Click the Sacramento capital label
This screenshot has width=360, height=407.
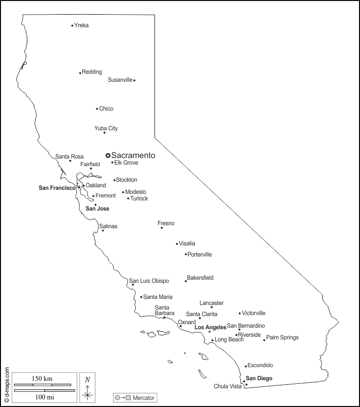coord(133,156)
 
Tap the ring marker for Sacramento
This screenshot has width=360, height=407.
coord(108,156)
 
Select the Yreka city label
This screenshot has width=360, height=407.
coord(81,25)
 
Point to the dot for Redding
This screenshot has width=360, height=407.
coord(80,73)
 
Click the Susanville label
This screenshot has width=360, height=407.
coord(120,80)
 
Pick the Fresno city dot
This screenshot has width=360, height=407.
coord(162,228)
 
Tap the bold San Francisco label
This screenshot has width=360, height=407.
coord(57,188)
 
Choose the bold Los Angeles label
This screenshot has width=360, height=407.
coord(211,328)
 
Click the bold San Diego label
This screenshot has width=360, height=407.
coord(259,378)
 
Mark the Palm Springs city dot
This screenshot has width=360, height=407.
coord(264,340)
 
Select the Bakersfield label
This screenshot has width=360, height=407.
coord(200,278)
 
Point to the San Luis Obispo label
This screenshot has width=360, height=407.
coord(149,281)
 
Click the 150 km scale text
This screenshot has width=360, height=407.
coord(42,379)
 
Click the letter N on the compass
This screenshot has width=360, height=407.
coord(87,380)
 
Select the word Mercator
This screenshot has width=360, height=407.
coord(144,398)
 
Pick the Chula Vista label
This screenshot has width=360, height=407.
coord(228,387)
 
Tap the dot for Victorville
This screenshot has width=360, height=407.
coord(240,313)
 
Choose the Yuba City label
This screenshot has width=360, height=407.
coord(106,128)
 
